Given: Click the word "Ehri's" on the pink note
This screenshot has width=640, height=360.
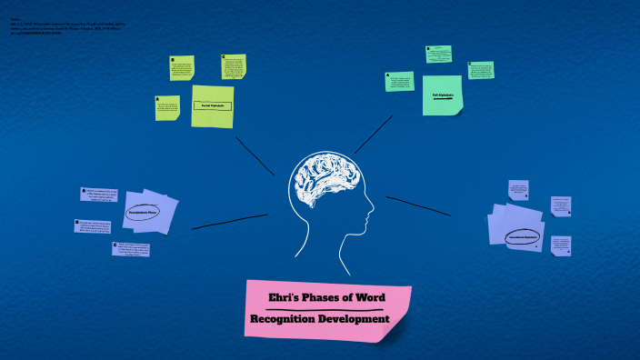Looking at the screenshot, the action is (x=287, y=298).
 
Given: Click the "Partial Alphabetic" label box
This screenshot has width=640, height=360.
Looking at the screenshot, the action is (x=213, y=106).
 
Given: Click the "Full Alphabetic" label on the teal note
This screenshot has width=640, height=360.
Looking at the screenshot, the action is (x=443, y=95).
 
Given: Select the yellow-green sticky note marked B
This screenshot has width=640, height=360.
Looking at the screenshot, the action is (x=182, y=68).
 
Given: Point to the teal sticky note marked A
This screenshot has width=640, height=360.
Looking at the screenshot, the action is (x=399, y=81).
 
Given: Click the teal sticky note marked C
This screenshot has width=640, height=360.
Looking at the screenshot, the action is (x=481, y=70).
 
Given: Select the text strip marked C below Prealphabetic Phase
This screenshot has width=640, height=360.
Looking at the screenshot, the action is (x=131, y=248).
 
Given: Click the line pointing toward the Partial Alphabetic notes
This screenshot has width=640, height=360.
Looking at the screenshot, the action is (x=254, y=155).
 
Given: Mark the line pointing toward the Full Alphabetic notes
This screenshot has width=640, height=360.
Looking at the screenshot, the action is (x=373, y=135).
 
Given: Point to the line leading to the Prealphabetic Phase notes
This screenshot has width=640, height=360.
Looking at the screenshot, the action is (x=229, y=221).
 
